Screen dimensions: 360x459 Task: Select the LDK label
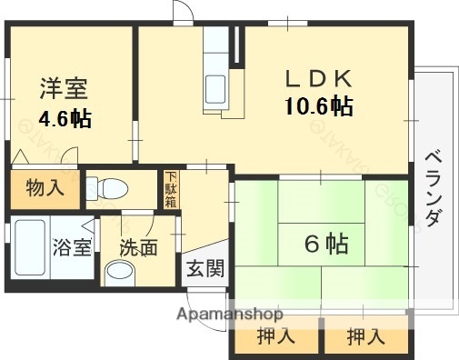(317, 77)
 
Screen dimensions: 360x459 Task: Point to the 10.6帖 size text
(317, 106)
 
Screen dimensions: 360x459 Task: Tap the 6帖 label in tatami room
(324, 244)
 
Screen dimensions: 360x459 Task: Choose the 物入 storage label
(45, 189)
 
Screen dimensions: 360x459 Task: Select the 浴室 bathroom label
(71, 246)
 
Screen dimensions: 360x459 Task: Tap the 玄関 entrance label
(205, 269)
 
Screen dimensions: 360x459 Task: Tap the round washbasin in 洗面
(119, 271)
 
